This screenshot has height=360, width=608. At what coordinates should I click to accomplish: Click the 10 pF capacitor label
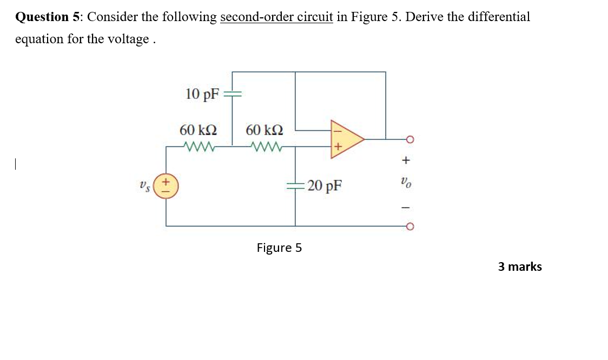tap(202, 94)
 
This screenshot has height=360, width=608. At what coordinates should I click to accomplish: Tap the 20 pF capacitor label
tap(324, 186)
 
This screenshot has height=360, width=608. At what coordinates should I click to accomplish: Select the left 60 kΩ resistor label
tap(198, 130)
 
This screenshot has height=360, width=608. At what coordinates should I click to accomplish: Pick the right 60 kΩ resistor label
tap(263, 130)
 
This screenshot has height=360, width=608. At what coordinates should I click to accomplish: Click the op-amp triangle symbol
tap(345, 139)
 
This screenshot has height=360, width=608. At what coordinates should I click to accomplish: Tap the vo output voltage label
tap(407, 184)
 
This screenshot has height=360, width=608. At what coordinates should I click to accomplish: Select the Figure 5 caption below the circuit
tap(279, 248)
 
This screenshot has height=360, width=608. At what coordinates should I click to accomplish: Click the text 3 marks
tap(519, 266)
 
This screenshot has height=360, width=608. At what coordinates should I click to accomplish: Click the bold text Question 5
tap(48, 17)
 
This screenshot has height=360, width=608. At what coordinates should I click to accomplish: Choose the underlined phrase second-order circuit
tap(276, 17)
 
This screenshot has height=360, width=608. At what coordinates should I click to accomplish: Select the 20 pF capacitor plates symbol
tap(295, 185)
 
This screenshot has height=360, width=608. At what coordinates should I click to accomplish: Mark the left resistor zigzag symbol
tap(200, 146)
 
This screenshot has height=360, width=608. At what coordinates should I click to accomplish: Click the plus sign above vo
tap(407, 161)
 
